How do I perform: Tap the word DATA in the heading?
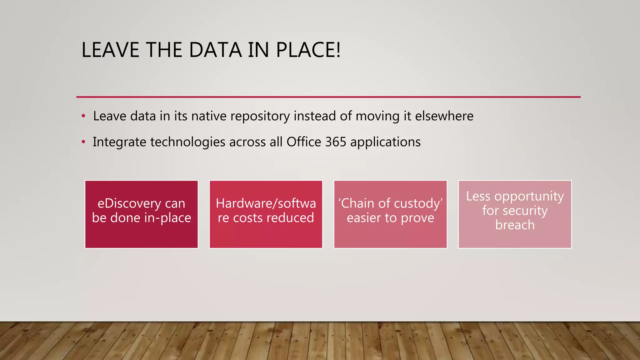coord(215,50)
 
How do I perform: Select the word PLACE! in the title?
coord(308,50)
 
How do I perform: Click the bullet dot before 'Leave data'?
coord(83,116)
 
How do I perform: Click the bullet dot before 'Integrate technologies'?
coord(83,142)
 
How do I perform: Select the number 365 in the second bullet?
coord(336,142)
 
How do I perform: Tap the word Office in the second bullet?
coord(304,142)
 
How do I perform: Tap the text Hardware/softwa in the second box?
coord(266,203)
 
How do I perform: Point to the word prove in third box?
coord(417,218)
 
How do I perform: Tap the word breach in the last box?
coord(515,225)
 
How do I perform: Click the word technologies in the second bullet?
coord(188,142)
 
